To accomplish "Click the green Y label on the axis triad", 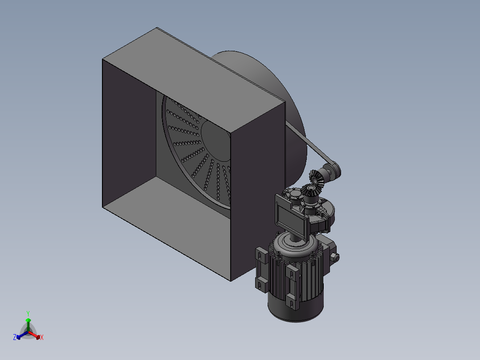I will (x=28, y=313).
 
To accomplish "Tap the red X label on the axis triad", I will (x=41, y=338).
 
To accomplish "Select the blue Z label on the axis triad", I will (x=15, y=337).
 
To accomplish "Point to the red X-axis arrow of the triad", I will (x=36, y=335).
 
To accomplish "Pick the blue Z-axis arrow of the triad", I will (x=20, y=335).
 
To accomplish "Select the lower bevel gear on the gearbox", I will (x=309, y=192).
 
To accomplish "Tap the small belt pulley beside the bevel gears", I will (x=332, y=171).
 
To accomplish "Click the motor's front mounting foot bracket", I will (x=292, y=285).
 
